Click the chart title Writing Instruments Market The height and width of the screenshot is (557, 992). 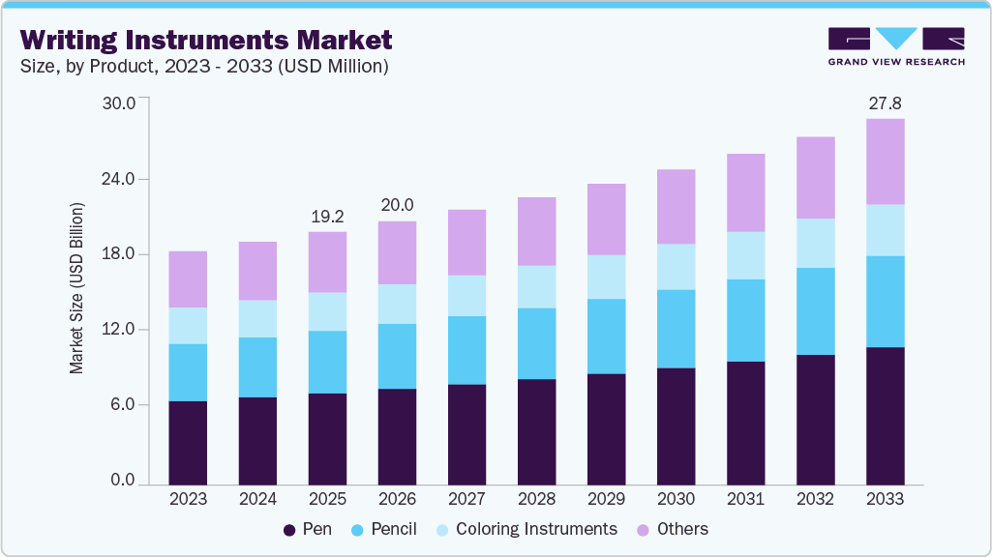click(x=206, y=40)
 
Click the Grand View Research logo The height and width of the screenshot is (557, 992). click(x=895, y=46)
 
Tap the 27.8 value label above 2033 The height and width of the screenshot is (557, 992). click(x=885, y=103)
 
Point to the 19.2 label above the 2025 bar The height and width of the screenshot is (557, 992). click(x=327, y=216)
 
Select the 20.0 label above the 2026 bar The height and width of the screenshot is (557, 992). click(x=397, y=205)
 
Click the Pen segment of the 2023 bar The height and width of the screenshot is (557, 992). click(x=188, y=442)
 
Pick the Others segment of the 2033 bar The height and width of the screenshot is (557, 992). click(x=885, y=161)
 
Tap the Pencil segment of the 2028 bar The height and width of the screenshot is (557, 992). click(x=536, y=343)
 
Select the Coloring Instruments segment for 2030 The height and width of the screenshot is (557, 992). click(x=676, y=266)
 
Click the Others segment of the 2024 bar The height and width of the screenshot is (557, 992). click(x=257, y=271)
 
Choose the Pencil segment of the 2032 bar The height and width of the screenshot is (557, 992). click(x=815, y=310)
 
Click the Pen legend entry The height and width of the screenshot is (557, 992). click(x=308, y=529)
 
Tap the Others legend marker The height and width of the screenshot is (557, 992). click(x=642, y=530)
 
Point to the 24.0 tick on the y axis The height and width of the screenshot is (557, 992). click(x=130, y=179)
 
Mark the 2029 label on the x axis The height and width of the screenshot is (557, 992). click(x=606, y=499)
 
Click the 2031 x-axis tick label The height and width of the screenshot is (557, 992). click(x=745, y=499)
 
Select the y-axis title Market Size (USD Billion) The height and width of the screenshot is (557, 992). click(x=76, y=289)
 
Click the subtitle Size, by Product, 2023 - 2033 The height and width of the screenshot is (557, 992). click(x=204, y=67)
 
